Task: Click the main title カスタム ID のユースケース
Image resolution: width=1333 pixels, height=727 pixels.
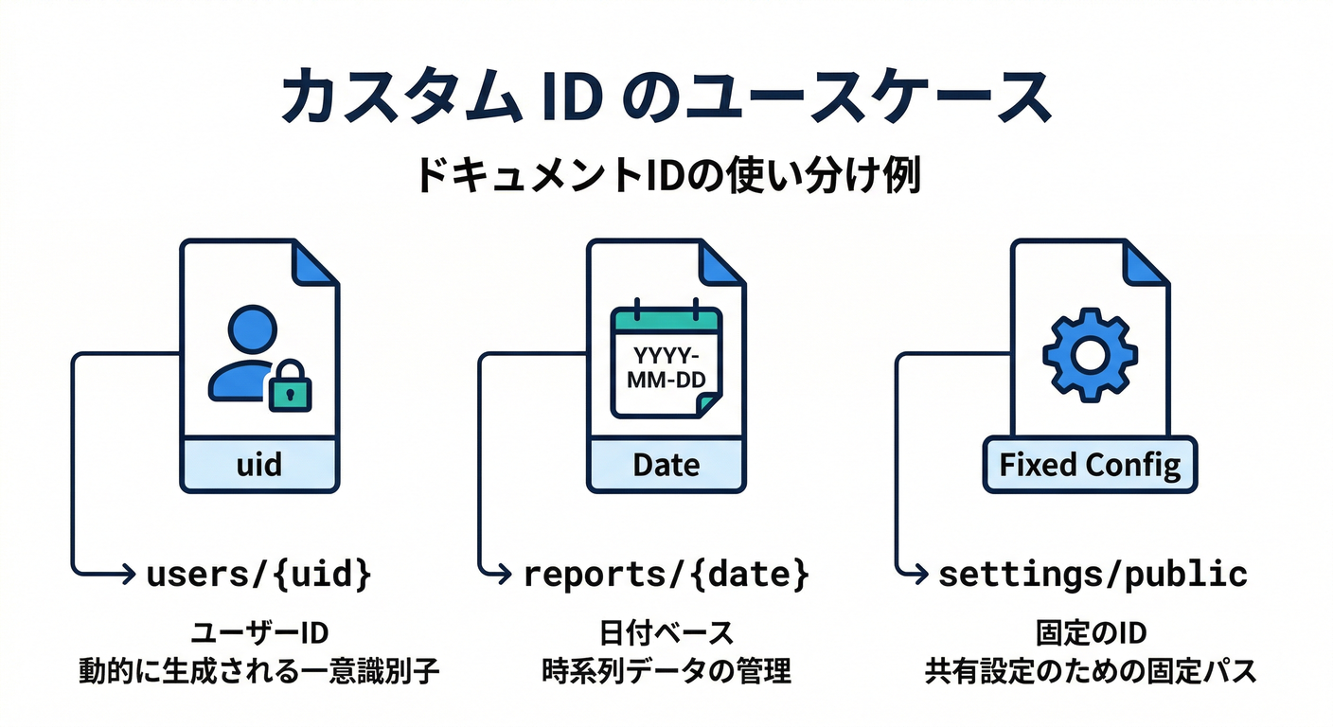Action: (x=666, y=97)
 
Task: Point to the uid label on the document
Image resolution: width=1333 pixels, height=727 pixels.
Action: (x=258, y=465)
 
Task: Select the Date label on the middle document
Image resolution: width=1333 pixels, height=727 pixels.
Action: (x=666, y=465)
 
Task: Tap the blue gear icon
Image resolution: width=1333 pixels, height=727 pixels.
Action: (x=1089, y=355)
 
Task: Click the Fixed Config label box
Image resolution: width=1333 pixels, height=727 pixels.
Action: (x=1090, y=465)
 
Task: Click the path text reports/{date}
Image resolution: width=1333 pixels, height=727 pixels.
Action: (x=666, y=574)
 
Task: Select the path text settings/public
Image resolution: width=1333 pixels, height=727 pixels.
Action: (x=1093, y=574)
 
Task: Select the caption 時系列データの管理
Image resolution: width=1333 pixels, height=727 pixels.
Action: (x=666, y=671)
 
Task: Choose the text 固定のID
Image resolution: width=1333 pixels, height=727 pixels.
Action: (x=1090, y=631)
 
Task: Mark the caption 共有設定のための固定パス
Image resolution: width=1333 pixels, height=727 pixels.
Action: (x=1090, y=671)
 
